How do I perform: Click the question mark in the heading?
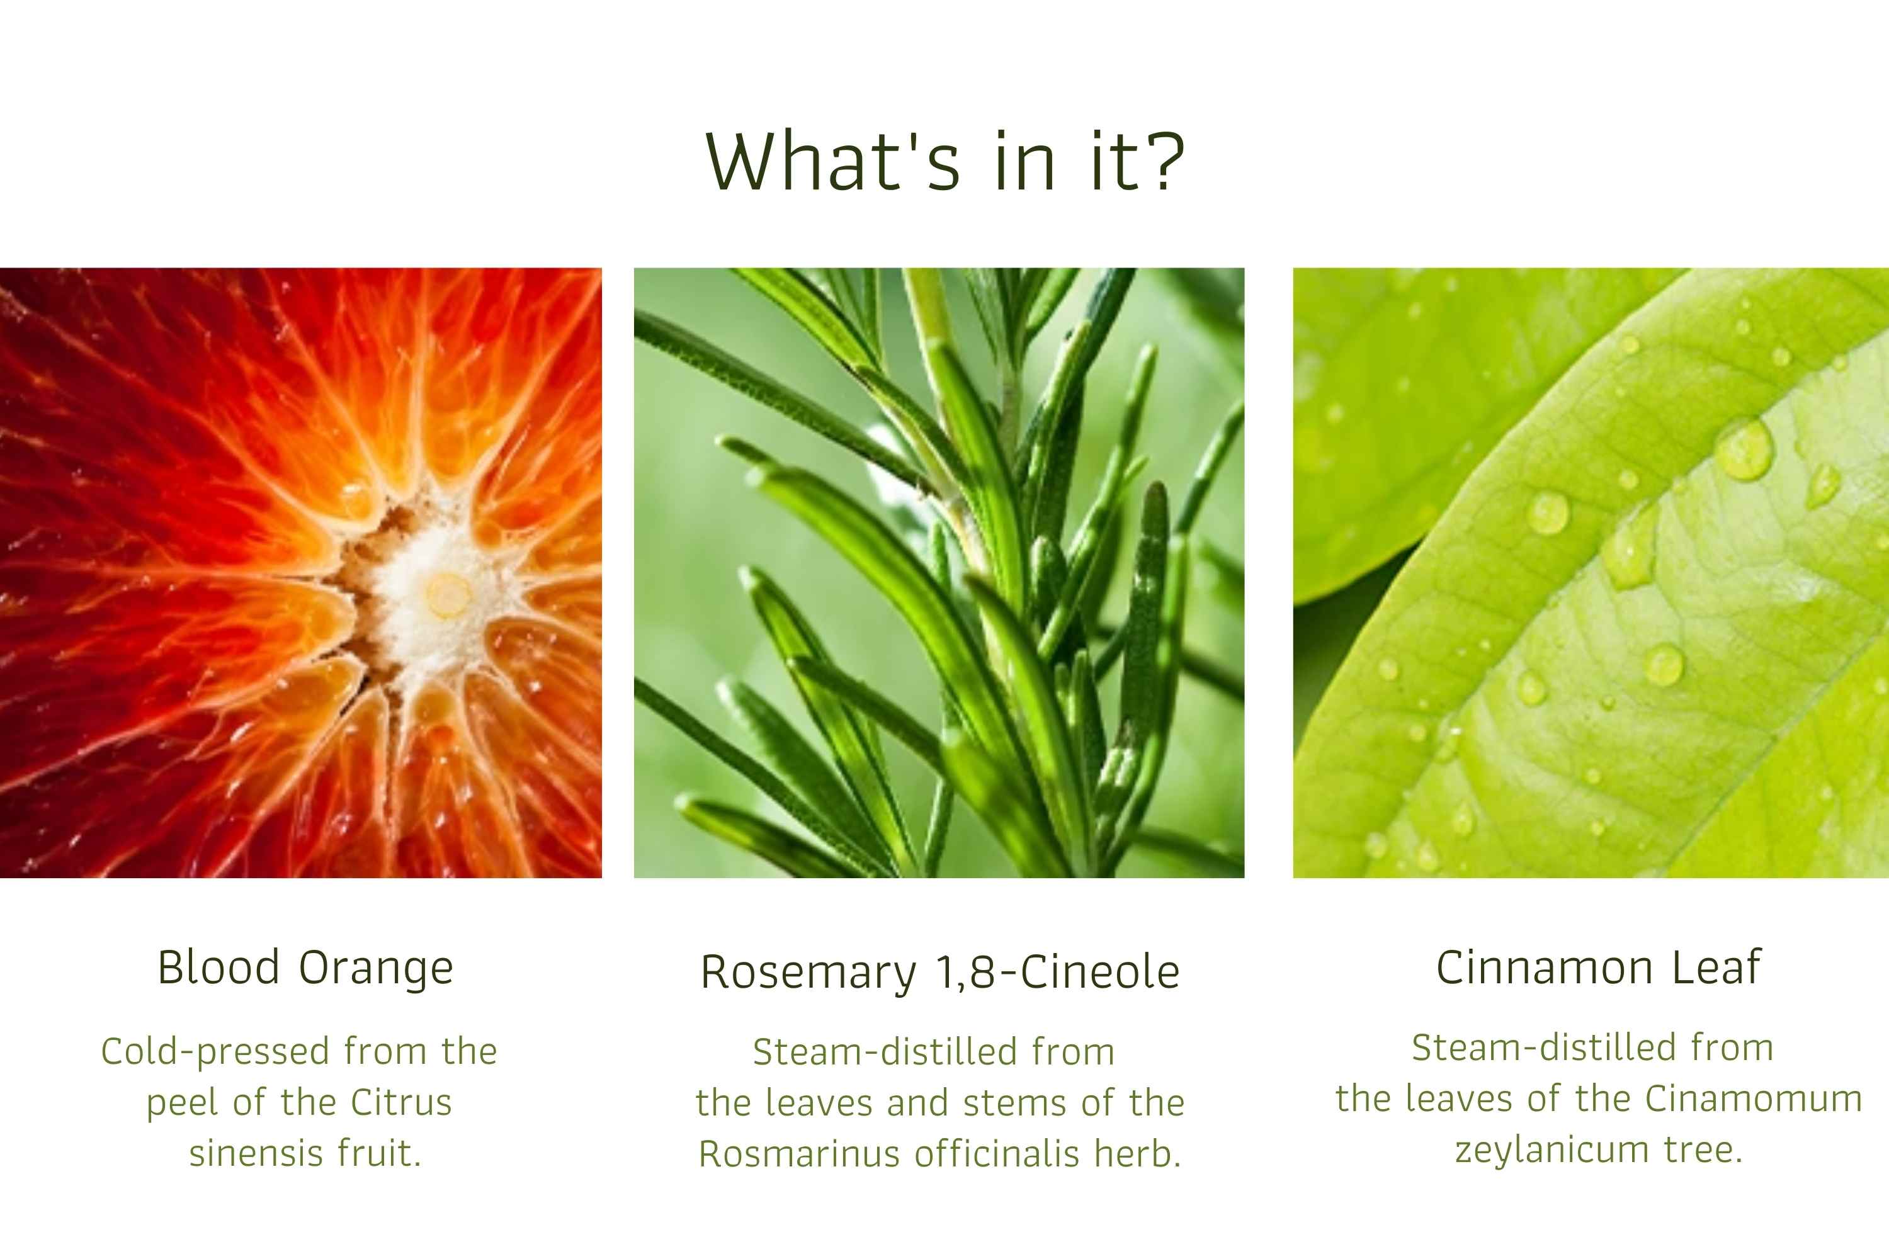(x=1162, y=161)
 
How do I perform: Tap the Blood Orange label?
(x=305, y=968)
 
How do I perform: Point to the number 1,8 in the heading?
(x=968, y=973)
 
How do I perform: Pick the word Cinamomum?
(x=1753, y=1098)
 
